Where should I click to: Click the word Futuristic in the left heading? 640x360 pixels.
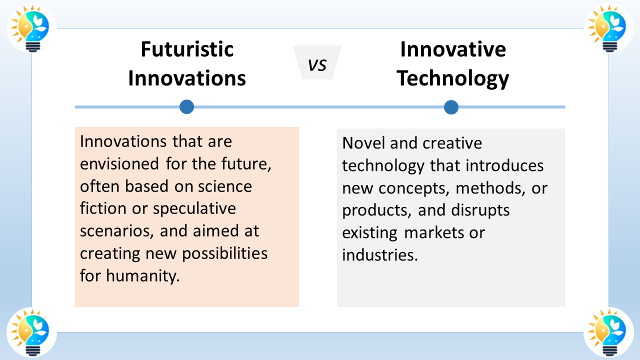[x=187, y=49]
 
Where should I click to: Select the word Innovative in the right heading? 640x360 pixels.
[x=453, y=49]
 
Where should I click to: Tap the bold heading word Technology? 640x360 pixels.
[x=452, y=79]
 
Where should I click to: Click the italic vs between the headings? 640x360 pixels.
[x=317, y=65]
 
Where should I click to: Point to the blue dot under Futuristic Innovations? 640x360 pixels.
[x=187, y=107]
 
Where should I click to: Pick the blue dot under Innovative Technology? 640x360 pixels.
[x=451, y=107]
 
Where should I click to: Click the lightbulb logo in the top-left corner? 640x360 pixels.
[x=31, y=28]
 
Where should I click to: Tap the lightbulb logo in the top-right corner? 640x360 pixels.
[x=608, y=28]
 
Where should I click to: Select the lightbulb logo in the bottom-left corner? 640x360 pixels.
[x=31, y=332]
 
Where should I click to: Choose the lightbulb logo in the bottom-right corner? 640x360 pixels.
[x=608, y=332]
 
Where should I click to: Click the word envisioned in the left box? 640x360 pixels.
[x=119, y=164]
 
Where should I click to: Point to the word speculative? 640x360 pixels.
[x=194, y=209]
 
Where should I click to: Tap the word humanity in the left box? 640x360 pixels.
[x=143, y=276]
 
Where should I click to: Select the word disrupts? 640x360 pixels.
[x=480, y=211]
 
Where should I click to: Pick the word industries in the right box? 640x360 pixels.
[x=380, y=254]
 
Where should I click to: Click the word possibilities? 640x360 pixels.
[x=225, y=253]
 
